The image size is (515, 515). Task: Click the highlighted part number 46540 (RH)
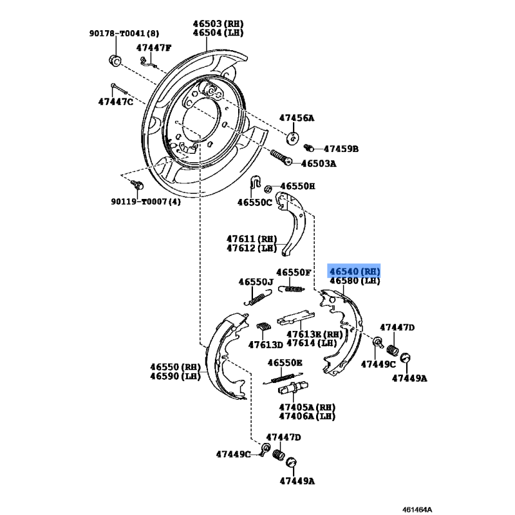coord(355,272)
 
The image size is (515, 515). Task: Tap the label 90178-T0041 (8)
coord(124,33)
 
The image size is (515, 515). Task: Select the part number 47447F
coord(157,48)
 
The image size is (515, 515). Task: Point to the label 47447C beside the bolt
coord(116,102)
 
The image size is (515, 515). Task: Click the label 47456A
coord(297,118)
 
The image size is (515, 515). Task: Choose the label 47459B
coord(341,149)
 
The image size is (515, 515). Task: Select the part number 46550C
coord(254,202)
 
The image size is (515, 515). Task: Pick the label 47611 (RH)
coord(251,238)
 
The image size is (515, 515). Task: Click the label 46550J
coord(256,282)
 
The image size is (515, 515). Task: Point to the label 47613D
coord(266,344)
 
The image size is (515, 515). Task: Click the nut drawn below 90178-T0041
coord(113,61)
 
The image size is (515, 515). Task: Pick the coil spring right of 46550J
coord(293,289)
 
